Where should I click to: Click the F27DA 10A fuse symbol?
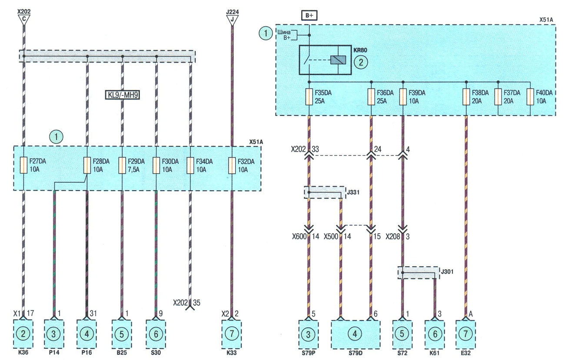tap(23, 165)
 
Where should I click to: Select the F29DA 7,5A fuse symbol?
tap(122, 165)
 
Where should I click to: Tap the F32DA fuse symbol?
tap(232, 165)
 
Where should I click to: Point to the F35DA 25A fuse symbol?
tap(309, 97)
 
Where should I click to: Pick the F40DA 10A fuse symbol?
tap(530, 97)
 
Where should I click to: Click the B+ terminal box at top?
tap(309, 15)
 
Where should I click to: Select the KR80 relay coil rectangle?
tap(338, 60)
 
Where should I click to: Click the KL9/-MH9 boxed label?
tap(122, 95)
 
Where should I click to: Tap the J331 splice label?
tap(353, 192)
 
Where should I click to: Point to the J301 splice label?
tap(447, 271)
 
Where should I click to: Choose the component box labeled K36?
tap(23, 334)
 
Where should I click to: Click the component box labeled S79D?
tap(356, 334)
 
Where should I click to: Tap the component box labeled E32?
tap(465, 334)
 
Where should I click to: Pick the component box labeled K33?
tap(232, 334)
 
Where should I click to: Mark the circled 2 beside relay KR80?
tap(361, 62)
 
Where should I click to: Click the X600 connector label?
tap(299, 237)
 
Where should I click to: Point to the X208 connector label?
tap(393, 237)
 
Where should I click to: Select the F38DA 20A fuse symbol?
tap(466, 97)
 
